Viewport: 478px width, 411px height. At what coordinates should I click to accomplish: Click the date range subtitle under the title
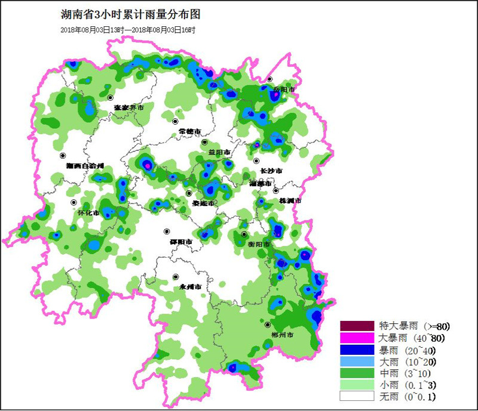[128, 30]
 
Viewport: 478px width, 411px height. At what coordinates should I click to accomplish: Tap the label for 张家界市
[129, 108]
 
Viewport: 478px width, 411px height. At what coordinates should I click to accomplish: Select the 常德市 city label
[189, 131]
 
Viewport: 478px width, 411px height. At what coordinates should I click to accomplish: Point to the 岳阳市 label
[284, 89]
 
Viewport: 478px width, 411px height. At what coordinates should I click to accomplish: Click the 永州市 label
[192, 287]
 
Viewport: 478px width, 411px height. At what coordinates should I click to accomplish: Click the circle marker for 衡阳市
[244, 234]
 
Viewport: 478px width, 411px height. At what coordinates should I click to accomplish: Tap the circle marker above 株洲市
[276, 190]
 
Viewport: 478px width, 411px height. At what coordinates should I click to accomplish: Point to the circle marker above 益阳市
[204, 143]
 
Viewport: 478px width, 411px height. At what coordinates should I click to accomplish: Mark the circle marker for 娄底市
[189, 193]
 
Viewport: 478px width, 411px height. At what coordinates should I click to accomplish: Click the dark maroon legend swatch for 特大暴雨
[357, 326]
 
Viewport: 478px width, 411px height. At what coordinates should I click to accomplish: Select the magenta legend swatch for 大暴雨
[357, 338]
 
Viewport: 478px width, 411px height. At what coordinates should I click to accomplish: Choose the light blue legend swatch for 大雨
[357, 361]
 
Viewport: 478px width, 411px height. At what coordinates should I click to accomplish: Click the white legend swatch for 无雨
[357, 395]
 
